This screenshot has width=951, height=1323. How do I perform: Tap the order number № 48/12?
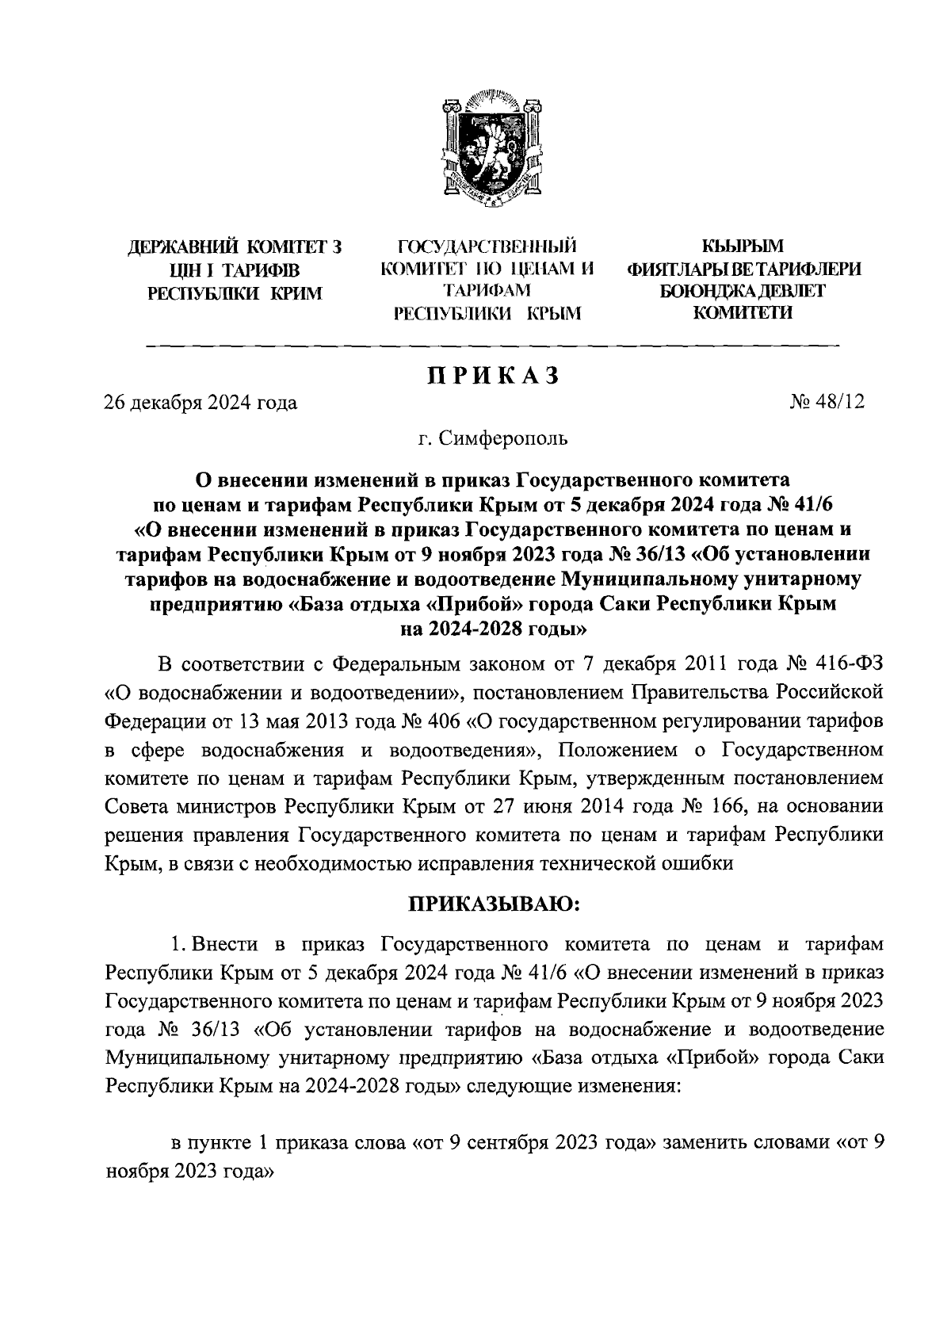coord(827,403)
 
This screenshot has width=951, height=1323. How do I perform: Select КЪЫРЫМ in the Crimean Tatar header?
coord(743,247)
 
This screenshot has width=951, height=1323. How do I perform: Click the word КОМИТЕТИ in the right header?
coord(743,313)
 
